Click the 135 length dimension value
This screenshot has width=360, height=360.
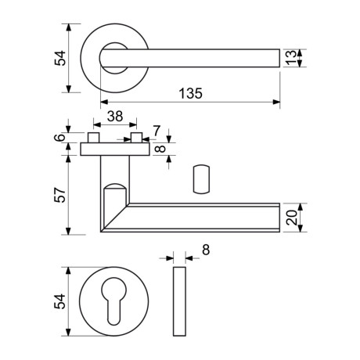pyautogui.click(x=190, y=93)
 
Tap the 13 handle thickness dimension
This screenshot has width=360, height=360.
pyautogui.click(x=290, y=58)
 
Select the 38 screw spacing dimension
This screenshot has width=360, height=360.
pyautogui.click(x=115, y=117)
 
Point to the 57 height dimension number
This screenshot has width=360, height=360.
pyautogui.click(x=60, y=195)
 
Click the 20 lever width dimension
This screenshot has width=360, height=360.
pyautogui.click(x=291, y=218)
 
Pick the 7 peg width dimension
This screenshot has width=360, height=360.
pyautogui.click(x=156, y=131)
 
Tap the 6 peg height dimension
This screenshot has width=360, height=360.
pyautogui.click(x=60, y=137)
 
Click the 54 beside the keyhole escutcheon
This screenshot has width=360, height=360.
pyautogui.click(x=60, y=301)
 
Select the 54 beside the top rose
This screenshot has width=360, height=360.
pyautogui.click(x=60, y=58)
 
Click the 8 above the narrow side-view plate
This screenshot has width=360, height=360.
pyautogui.click(x=206, y=250)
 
